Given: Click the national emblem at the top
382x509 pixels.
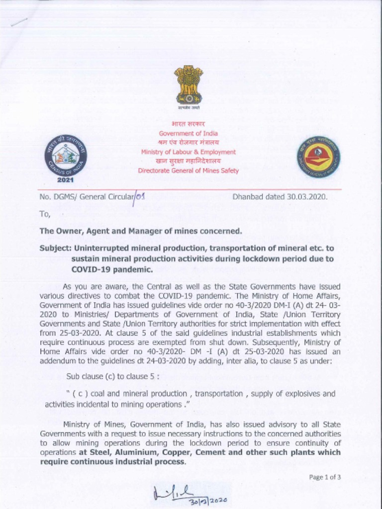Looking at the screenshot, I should tap(189, 85).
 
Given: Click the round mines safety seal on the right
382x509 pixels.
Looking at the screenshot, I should tap(318, 157).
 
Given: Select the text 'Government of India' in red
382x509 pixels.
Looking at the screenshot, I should tap(189, 133).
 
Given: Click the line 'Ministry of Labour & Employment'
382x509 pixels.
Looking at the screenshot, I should tap(189, 152).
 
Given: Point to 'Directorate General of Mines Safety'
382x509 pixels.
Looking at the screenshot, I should tap(189, 170).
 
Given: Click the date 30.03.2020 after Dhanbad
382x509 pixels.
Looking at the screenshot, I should tap(307, 196).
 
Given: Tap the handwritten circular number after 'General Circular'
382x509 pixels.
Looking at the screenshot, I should tap(140, 196).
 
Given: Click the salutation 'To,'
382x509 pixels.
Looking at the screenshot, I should tap(45, 214).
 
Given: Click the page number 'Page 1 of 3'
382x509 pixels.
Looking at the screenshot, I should tap(325, 477).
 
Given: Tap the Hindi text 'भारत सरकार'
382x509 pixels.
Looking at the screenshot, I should tap(189, 124).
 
